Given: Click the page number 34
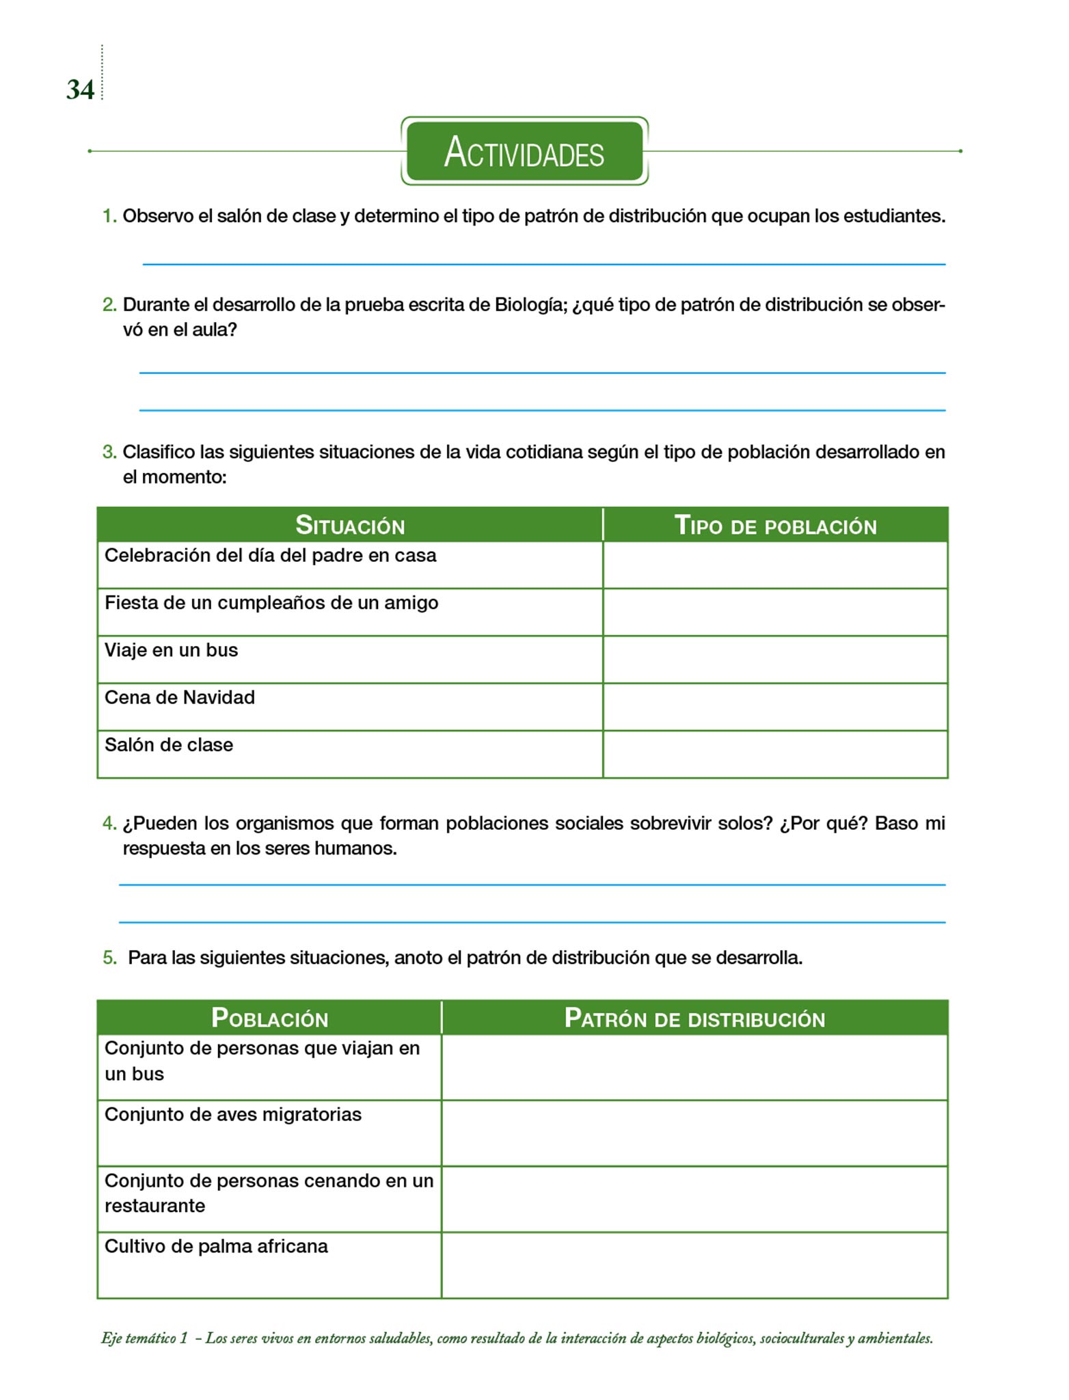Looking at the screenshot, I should [x=80, y=90].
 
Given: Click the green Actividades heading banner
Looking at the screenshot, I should [x=524, y=151].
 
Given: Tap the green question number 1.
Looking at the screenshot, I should [x=109, y=216].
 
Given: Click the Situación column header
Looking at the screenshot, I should [x=350, y=525].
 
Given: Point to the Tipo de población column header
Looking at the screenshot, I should [x=775, y=525].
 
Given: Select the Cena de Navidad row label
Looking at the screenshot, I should [x=180, y=697].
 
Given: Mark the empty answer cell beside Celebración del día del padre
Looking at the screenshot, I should [x=775, y=565].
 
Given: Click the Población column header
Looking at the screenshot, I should [x=269, y=1018].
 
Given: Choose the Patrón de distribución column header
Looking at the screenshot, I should [x=694, y=1018].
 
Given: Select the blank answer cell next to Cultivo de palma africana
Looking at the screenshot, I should [x=694, y=1265].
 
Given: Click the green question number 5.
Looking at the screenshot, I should [x=109, y=958].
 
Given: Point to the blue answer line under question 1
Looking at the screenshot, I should [x=543, y=264].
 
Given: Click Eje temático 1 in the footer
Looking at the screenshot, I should [x=144, y=1338].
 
